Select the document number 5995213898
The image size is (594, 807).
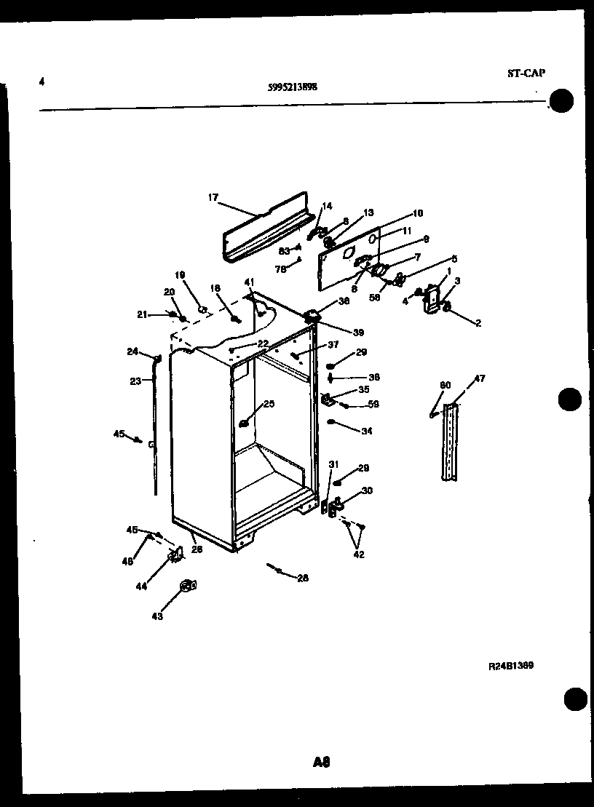tap(292, 87)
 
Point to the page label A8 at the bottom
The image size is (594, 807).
tap(322, 762)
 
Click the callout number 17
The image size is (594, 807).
tap(213, 196)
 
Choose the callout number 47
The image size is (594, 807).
tap(480, 378)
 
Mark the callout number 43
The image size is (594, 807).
tap(157, 616)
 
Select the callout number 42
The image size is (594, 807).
tap(358, 554)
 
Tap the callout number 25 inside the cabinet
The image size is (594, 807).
tap(269, 404)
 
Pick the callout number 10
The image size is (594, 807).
tap(417, 213)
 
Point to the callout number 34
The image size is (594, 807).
tap(366, 431)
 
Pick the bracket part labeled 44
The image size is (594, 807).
tap(175, 554)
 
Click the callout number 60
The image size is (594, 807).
tap(445, 385)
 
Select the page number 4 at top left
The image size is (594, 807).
tap(42, 82)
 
